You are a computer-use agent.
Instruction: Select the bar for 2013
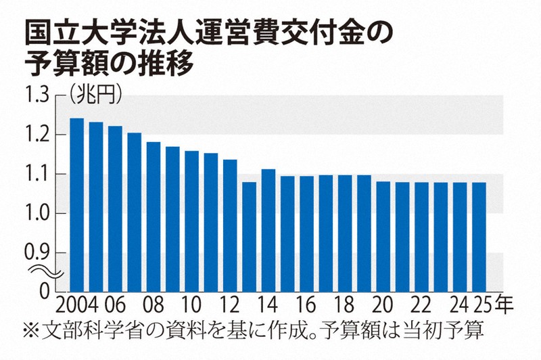(249, 237)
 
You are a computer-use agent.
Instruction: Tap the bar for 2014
(268, 230)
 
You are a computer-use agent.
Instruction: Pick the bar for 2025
(479, 237)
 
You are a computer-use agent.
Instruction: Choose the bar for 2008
(153, 217)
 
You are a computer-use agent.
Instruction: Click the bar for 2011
(210, 223)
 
